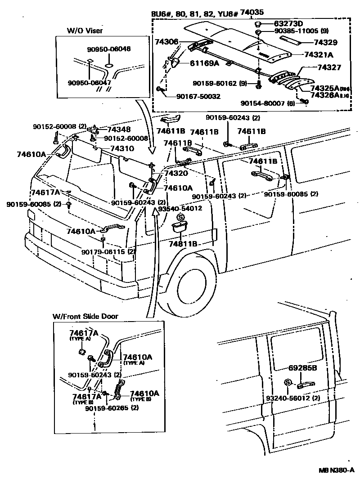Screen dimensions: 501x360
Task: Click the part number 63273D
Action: [289, 23]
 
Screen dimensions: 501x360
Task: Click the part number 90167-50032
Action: [198, 96]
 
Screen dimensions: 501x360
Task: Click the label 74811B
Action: [183, 243]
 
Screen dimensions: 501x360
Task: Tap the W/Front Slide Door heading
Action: [85, 316]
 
